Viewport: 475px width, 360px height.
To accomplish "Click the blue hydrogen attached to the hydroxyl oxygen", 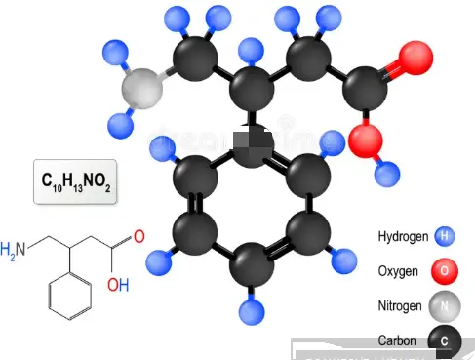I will tap(390, 174).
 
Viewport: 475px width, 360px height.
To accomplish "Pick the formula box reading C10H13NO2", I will tap(75, 181).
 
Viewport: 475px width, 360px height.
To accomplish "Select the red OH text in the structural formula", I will tap(118, 285).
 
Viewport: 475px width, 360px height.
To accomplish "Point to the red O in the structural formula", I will tap(139, 237).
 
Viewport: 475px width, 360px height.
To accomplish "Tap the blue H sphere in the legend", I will tap(445, 236).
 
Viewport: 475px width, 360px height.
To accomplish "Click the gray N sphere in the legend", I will tap(445, 306).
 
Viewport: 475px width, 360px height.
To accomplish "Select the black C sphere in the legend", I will tap(445, 340).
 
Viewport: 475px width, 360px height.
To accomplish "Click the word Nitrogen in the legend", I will tap(400, 306).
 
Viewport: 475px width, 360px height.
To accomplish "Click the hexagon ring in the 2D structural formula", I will tap(68, 296).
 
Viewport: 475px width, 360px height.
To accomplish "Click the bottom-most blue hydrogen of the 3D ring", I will tap(254, 312).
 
